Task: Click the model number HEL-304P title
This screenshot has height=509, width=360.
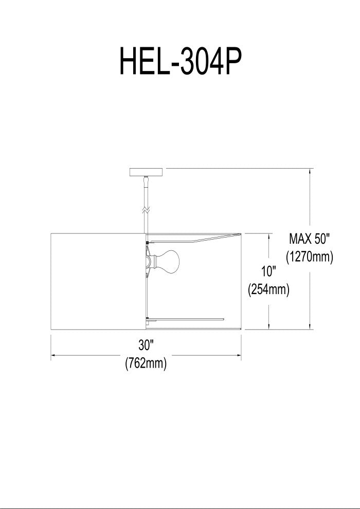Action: click(181, 61)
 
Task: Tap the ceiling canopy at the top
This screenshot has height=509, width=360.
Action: click(146, 172)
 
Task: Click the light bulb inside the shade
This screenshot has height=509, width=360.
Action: click(169, 261)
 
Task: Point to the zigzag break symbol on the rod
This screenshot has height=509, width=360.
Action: click(146, 210)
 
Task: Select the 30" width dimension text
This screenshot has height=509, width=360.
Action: click(146, 345)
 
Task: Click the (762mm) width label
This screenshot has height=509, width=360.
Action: click(146, 363)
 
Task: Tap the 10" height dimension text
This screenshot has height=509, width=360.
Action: click(269, 271)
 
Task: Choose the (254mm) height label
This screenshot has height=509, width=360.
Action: click(268, 289)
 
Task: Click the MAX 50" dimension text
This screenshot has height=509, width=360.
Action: click(309, 239)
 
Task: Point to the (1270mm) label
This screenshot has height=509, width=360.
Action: click(310, 257)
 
